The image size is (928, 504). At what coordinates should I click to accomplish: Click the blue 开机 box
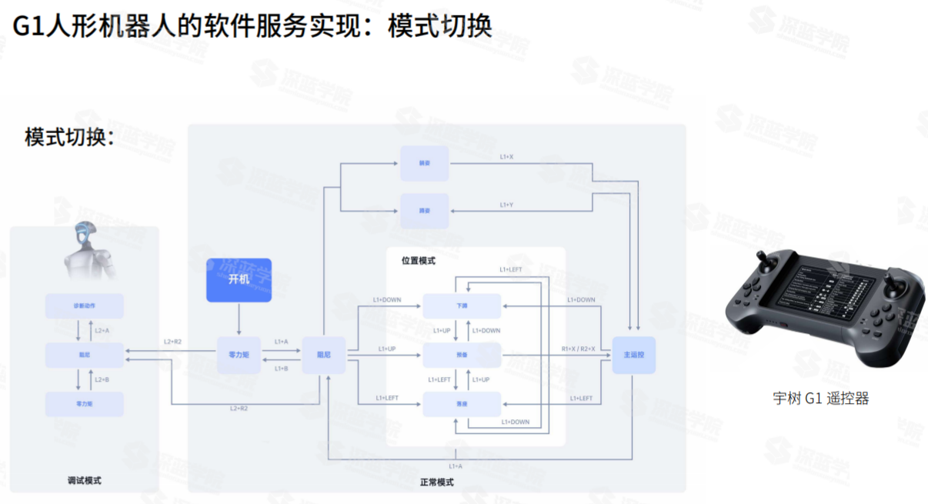239,279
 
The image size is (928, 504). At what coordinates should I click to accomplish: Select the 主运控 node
633,355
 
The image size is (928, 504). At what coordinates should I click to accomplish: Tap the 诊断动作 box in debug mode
85,305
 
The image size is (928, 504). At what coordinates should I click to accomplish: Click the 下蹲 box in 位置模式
462,305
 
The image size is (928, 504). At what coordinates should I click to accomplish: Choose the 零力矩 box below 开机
239,355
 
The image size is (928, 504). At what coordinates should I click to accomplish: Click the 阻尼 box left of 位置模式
324,355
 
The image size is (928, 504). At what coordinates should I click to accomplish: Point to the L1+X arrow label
506,157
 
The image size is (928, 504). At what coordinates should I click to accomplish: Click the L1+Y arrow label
506,205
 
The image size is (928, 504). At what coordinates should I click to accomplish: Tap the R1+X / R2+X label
578,349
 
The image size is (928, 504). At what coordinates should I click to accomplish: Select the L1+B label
281,368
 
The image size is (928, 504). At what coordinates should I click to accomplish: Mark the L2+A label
102,330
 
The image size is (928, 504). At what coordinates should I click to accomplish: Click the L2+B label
102,379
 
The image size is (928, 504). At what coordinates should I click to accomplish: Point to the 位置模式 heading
418,261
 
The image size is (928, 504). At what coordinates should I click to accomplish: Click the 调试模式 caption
85,481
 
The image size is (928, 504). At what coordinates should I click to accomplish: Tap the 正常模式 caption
436,482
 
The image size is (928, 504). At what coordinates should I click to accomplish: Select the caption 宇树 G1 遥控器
820,399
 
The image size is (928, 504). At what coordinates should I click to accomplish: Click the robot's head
86,235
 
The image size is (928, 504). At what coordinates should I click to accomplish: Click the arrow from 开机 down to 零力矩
239,319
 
